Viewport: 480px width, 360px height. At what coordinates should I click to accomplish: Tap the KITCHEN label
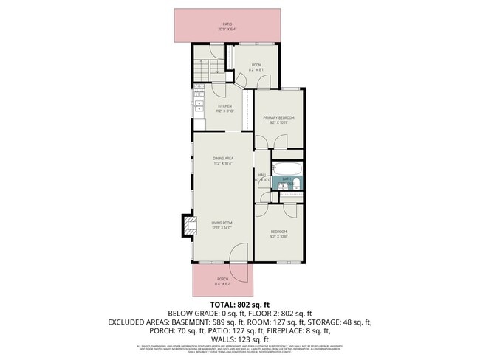tap(224, 106)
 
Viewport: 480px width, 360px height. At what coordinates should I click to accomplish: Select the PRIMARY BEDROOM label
tap(279, 118)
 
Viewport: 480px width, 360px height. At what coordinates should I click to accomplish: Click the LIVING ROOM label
tap(222, 223)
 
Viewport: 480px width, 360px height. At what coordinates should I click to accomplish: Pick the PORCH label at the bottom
tap(222, 279)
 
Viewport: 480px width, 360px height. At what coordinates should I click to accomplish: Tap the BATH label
tap(287, 179)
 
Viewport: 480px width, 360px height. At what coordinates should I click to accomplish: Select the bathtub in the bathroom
tap(284, 169)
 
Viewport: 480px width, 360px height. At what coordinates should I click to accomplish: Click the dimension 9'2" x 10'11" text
tap(279, 122)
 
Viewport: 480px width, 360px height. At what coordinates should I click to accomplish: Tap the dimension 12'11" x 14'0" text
tap(222, 228)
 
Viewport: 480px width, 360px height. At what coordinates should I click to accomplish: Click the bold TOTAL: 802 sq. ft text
tap(240, 305)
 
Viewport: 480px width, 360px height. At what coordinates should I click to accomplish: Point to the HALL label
tap(261, 175)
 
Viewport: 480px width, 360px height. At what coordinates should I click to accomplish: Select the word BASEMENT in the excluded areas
tap(188, 322)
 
